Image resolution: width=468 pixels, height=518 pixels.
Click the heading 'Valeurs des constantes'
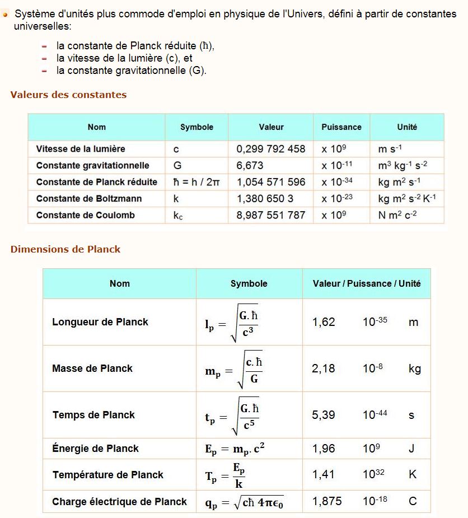pyautogui.click(x=68, y=95)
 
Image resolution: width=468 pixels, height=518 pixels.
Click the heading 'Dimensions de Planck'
pyautogui.click(x=65, y=249)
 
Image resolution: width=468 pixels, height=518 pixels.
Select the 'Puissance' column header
pyautogui.click(x=341, y=127)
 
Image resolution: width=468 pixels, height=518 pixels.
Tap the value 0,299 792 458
pyautogui.click(x=271, y=149)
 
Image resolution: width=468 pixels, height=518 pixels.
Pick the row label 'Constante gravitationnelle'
pyautogui.click(x=93, y=166)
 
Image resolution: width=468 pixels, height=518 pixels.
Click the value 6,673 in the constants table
pyautogui.click(x=250, y=166)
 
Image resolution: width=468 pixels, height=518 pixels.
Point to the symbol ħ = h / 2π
pyautogui.click(x=196, y=182)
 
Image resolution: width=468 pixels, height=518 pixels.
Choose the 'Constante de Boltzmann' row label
pyautogui.click(x=89, y=199)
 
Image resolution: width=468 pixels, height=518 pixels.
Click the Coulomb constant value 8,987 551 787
pyautogui.click(x=271, y=215)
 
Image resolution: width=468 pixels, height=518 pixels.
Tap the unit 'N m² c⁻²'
pyautogui.click(x=398, y=215)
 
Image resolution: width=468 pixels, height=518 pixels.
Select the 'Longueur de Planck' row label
pyautogui.click(x=100, y=322)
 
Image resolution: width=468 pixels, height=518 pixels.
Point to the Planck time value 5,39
pyautogui.click(x=324, y=415)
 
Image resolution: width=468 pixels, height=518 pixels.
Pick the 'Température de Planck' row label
pyautogui.click(x=108, y=475)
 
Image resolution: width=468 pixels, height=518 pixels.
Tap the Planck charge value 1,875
pyautogui.click(x=327, y=501)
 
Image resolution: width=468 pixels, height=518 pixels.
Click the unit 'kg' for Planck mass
pyautogui.click(x=415, y=368)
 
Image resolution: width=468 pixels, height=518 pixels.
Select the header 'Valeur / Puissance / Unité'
pyautogui.click(x=367, y=283)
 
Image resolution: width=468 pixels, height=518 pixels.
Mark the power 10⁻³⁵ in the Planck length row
pyautogui.click(x=375, y=322)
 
